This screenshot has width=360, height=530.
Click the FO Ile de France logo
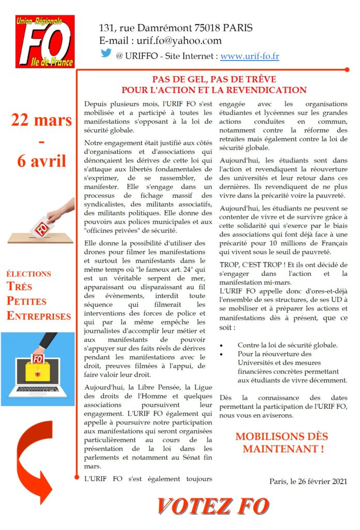point(44,41)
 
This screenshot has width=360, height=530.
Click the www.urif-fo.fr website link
point(249,55)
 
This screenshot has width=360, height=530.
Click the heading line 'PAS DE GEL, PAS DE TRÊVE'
point(214,80)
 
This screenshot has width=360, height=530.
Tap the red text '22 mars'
point(41,120)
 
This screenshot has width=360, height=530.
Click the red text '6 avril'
point(41,160)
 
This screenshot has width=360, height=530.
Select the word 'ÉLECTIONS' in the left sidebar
point(29,274)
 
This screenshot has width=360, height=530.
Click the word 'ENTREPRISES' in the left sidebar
point(39,316)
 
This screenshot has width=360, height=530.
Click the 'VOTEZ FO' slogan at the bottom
point(213,506)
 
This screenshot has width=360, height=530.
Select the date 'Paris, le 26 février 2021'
point(308,481)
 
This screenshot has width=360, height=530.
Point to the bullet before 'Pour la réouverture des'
point(222,354)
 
